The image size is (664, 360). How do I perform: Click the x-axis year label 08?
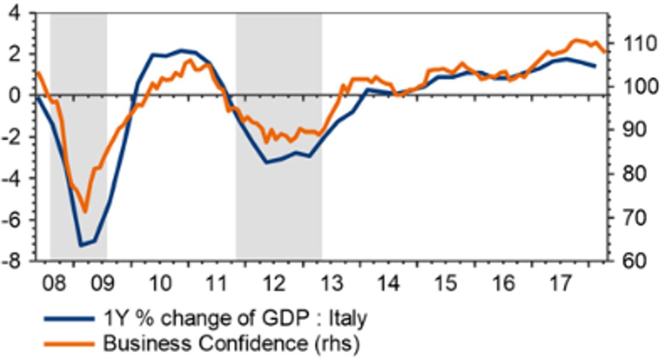56,285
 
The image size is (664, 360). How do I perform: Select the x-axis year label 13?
331,285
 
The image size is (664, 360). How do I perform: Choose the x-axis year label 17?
560,285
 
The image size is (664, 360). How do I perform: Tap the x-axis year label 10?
160,285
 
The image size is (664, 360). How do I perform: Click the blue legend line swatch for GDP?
69,319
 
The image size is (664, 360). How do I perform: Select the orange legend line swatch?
69,343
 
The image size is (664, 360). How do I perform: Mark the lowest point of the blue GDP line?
81,246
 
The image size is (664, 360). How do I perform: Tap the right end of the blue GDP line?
595,66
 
